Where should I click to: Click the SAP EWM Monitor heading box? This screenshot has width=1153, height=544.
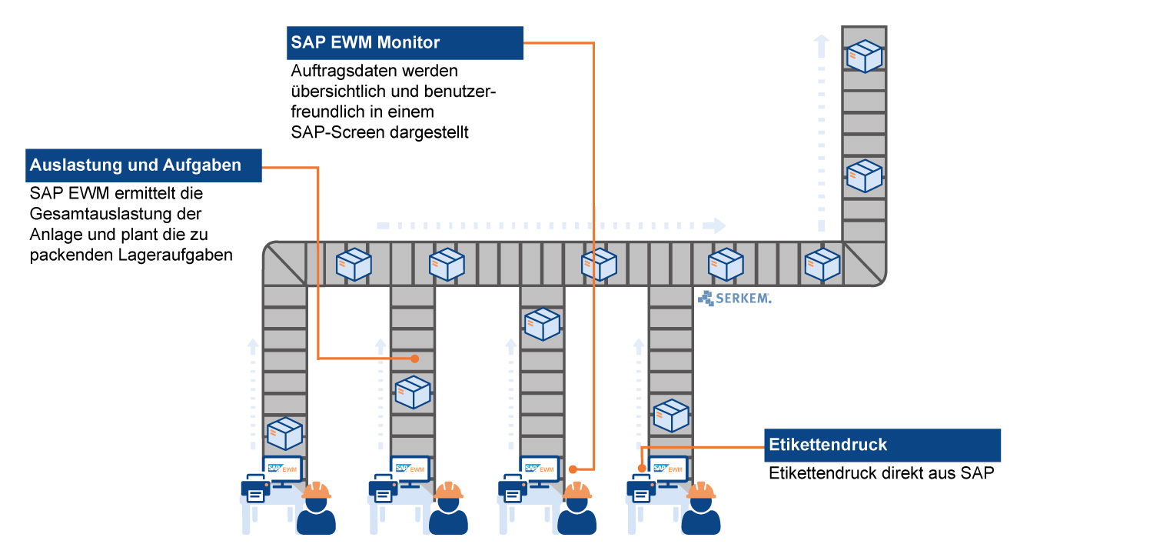point(405,43)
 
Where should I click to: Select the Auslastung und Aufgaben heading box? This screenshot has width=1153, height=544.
point(144,165)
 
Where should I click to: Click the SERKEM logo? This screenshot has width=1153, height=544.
point(734,298)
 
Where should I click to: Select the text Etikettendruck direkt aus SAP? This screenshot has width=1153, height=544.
point(882,473)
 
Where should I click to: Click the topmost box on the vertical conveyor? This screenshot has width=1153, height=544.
point(864,56)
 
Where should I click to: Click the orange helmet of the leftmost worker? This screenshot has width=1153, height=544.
point(316,491)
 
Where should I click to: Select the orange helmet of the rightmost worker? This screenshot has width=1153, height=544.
point(701,491)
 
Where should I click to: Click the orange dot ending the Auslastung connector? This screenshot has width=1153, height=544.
point(414,359)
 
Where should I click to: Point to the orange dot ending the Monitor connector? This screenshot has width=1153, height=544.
point(573,469)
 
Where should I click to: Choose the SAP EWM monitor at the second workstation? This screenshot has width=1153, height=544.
point(410,469)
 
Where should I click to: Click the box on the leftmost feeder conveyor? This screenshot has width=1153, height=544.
point(284,433)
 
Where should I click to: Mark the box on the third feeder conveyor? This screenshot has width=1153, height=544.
point(542,324)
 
